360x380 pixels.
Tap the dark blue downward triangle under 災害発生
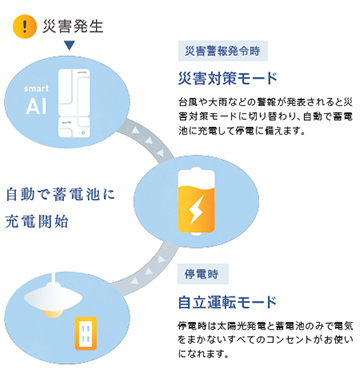tap(68, 47)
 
